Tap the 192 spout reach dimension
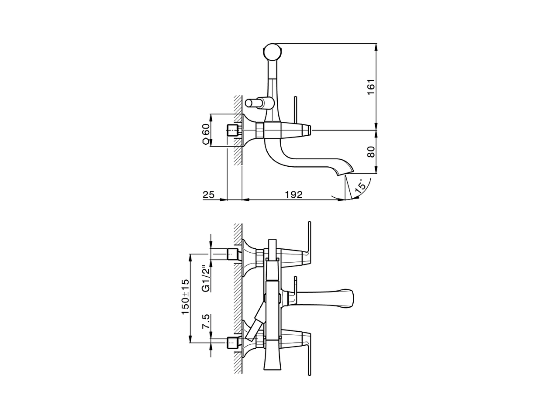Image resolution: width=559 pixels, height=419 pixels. pos(293,195)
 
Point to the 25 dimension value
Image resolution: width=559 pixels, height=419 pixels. pos(209,195)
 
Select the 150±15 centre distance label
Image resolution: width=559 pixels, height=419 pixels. pos(185,297)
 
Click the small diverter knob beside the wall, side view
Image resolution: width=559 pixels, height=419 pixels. pos(253,103)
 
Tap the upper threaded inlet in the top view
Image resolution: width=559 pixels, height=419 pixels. pos(233,254)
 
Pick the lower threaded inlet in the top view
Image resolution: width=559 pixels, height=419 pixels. pos(233,343)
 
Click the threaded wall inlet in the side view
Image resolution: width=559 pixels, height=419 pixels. pos(233,130)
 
